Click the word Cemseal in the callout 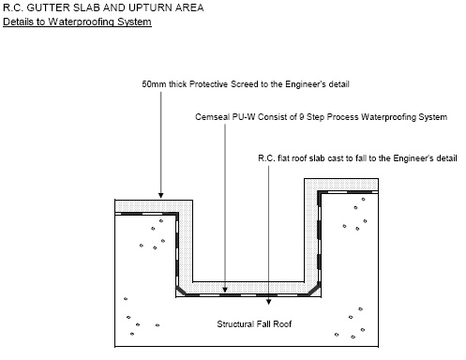pos(212,117)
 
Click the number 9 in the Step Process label pos(301,117)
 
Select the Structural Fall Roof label pos(254,324)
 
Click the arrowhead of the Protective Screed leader pos(161,196)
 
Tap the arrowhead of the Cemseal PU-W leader pos(225,290)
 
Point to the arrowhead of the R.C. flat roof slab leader pos(268,302)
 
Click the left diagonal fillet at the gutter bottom pos(180,291)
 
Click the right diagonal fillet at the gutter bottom pos(314,290)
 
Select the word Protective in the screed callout pos(208,84)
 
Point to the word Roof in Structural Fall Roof pos(282,324)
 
